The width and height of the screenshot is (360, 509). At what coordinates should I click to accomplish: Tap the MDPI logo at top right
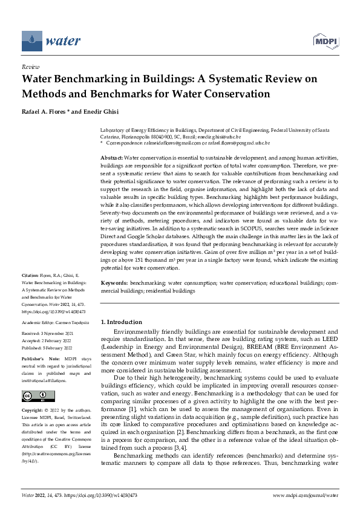(x=325, y=40)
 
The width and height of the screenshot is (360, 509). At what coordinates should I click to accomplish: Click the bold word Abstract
(x=111, y=157)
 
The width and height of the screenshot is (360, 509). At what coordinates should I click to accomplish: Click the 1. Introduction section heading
(x=121, y=322)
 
